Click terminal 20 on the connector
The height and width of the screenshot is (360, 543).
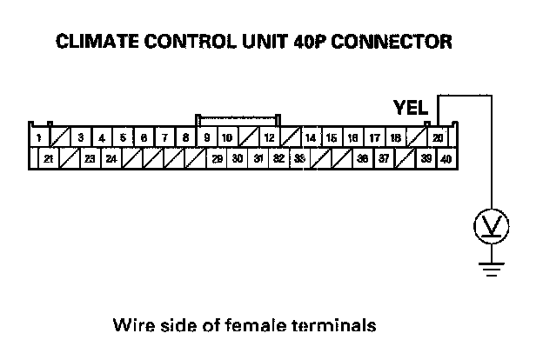439,137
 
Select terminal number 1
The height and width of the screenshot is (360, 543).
38,137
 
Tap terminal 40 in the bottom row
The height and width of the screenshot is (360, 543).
446,159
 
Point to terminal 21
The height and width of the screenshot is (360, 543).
49,159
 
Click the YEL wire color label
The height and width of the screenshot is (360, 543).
411,109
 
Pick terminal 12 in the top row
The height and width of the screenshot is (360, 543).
270,137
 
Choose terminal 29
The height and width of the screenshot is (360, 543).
217,159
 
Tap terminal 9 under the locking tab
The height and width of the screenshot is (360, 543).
206,137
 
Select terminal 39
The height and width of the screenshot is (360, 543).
426,159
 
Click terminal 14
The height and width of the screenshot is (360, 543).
311,137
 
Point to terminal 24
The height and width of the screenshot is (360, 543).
111,159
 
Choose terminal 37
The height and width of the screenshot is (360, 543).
384,159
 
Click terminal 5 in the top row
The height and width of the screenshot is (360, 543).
123,137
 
